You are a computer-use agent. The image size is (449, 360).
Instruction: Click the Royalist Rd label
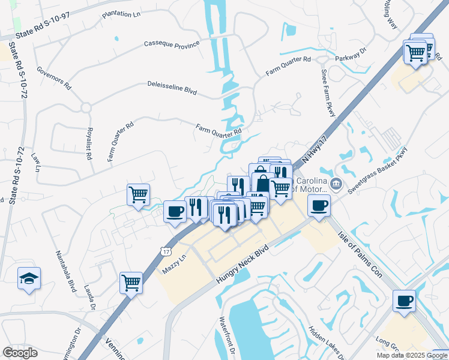[89, 144]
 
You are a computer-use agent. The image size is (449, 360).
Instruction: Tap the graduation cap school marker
[29, 278]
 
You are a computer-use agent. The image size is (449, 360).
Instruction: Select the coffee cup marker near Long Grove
[404, 299]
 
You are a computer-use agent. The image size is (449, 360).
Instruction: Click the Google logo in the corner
[20, 353]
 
